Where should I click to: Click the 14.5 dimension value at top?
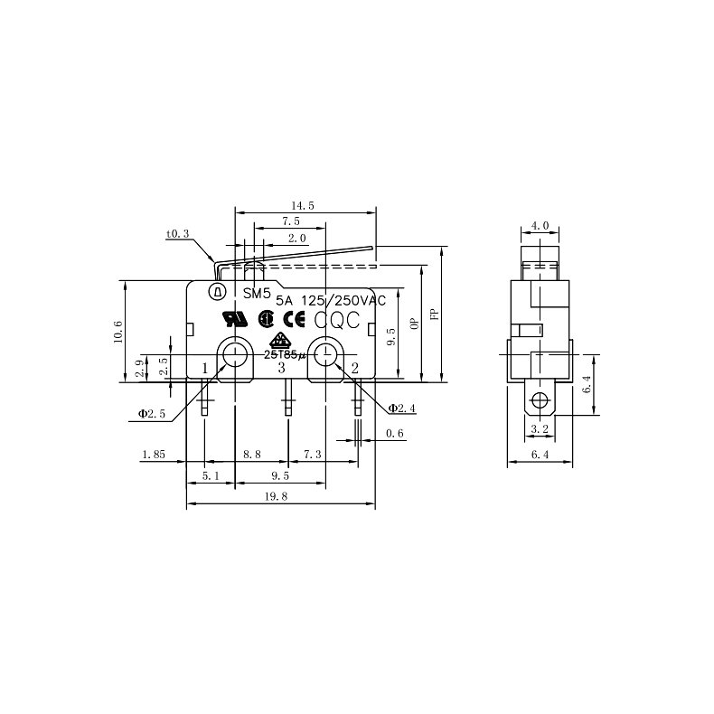click(303, 206)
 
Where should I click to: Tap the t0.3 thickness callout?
click(177, 234)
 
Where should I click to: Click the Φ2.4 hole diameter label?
click(401, 409)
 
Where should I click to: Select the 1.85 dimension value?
click(153, 455)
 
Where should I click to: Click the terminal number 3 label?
click(281, 367)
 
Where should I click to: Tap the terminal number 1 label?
click(205, 367)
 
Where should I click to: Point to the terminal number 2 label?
click(354, 367)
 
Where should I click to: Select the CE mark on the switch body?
click(294, 318)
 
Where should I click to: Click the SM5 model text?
click(257, 293)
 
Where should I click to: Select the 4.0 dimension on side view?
click(540, 225)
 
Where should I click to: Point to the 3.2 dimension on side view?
click(540, 428)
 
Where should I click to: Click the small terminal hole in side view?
click(540, 400)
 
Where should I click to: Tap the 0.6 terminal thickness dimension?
click(394, 434)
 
